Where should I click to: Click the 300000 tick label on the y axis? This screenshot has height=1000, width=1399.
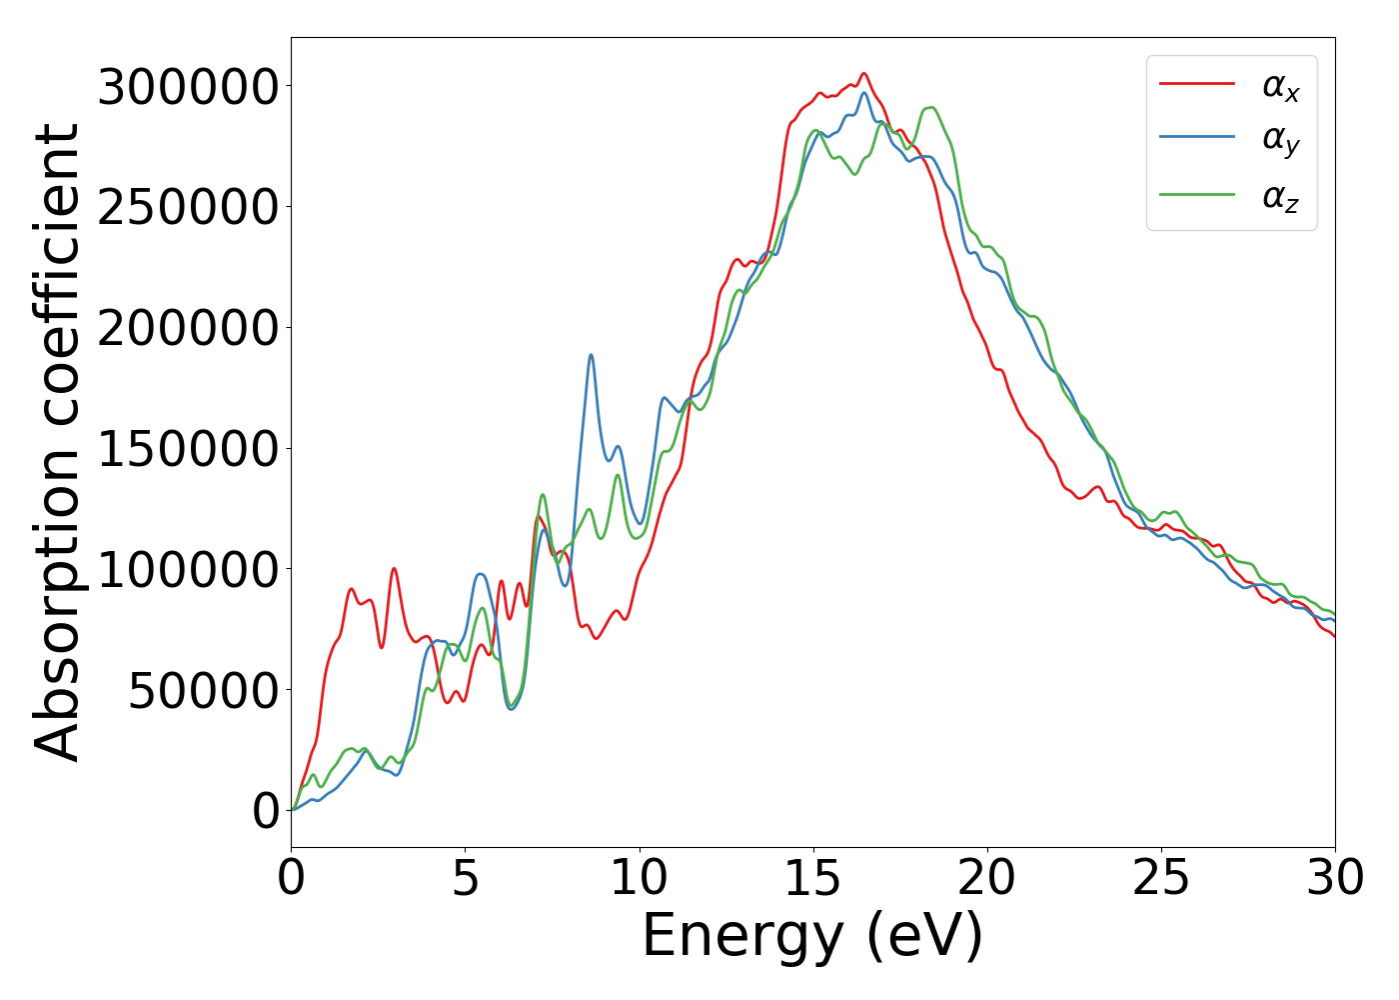point(188,87)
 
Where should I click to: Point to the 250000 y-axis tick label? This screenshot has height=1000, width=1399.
point(188,208)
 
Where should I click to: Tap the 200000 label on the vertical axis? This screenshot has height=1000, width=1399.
point(188,328)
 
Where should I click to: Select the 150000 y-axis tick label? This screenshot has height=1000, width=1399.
point(188,449)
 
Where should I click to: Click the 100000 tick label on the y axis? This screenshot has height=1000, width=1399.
point(188,570)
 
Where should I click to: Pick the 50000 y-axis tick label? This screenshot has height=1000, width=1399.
point(203,690)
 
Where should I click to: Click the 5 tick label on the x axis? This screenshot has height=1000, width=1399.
point(466,879)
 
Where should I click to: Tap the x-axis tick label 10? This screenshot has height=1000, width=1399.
point(640,879)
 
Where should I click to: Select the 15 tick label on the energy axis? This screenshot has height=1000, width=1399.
point(813,879)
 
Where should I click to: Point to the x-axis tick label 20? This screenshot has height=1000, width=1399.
point(987,879)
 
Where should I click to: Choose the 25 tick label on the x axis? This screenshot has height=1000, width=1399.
point(1161,879)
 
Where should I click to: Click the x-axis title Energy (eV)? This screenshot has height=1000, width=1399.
point(812,937)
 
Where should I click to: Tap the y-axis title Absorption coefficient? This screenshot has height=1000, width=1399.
point(57,442)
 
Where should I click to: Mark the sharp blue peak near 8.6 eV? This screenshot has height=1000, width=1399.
point(591,355)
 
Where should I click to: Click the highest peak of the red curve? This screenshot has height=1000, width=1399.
point(864,73)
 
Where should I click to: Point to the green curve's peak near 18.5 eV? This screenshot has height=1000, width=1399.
point(931,107)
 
